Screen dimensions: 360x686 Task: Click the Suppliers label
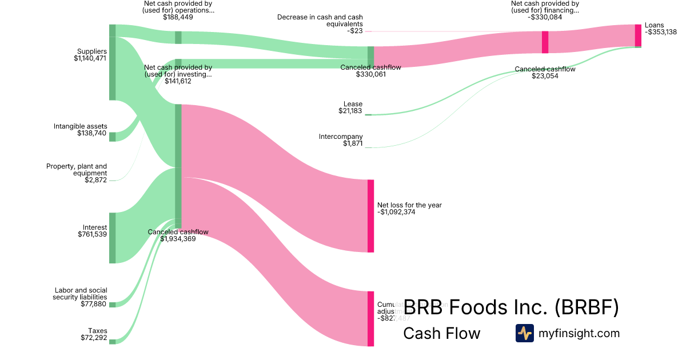[x=92, y=51]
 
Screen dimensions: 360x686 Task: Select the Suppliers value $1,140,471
[x=90, y=58]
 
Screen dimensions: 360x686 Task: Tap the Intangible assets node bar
[x=113, y=137]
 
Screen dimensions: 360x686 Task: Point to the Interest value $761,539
[x=93, y=234]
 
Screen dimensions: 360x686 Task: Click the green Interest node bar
[x=113, y=238]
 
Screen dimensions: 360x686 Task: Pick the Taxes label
[x=97, y=331]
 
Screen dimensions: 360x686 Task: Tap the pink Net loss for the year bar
[x=370, y=216]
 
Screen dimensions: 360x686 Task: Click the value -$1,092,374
[x=396, y=212]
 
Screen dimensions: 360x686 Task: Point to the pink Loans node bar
[x=638, y=35]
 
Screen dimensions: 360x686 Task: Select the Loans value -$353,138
[x=661, y=33]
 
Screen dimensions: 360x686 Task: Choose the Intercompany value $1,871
[x=352, y=143]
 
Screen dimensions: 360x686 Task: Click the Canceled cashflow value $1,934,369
[x=178, y=239]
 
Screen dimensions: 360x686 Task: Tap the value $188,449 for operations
[x=178, y=17]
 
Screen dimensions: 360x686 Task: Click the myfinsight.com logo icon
[x=524, y=333]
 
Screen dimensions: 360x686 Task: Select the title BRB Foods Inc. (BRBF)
[x=511, y=307]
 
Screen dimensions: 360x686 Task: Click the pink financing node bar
[x=545, y=42]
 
